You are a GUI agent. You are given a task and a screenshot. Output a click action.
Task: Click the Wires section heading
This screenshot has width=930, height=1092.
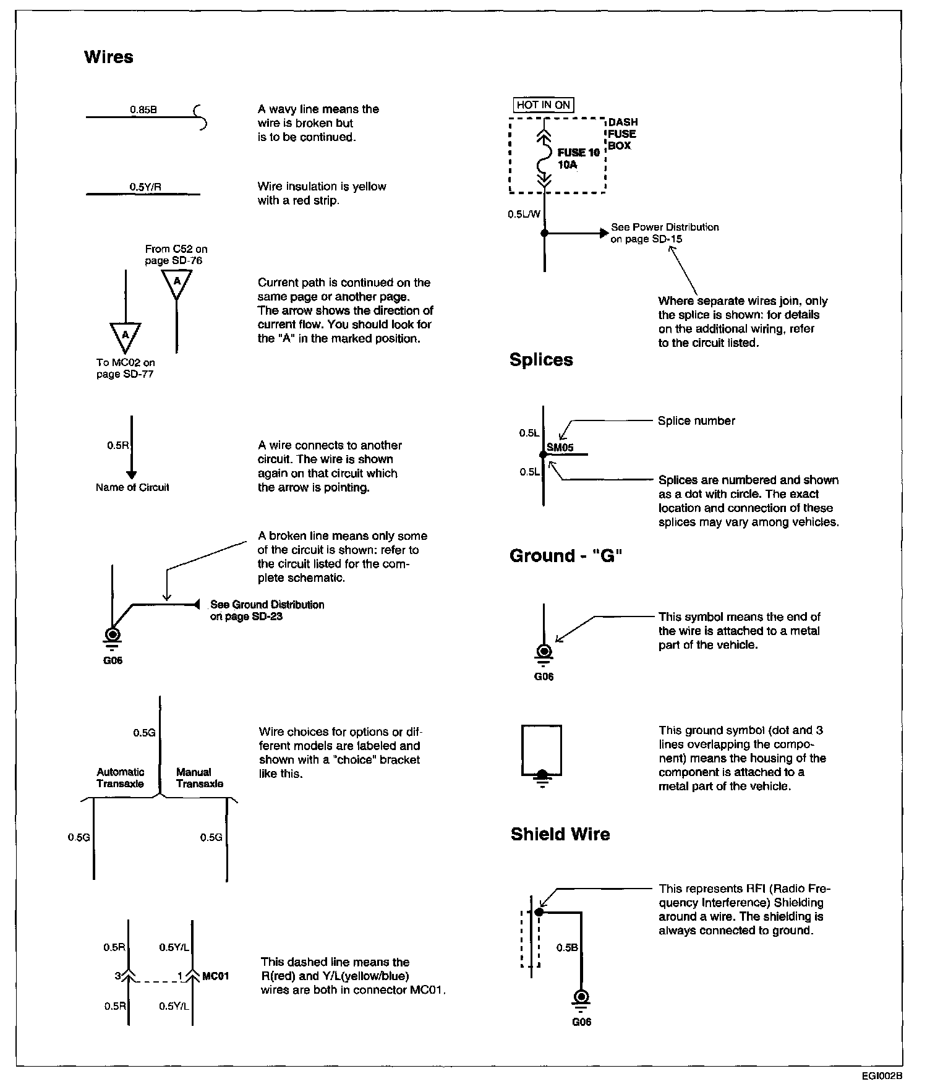tap(108, 57)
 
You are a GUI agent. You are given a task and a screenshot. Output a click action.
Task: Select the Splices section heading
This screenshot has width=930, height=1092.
tap(541, 360)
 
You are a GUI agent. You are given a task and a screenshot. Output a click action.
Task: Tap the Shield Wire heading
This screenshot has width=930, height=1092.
tap(560, 834)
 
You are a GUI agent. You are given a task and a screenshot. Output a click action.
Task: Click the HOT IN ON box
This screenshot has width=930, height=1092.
tap(543, 105)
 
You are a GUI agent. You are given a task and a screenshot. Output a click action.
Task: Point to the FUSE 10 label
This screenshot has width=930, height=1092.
tap(578, 153)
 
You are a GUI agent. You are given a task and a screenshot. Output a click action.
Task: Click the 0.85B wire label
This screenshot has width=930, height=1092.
tap(143, 109)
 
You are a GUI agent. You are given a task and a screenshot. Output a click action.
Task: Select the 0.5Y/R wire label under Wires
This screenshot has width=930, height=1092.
tap(145, 187)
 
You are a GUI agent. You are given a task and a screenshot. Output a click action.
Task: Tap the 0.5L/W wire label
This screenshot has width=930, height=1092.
tap(524, 214)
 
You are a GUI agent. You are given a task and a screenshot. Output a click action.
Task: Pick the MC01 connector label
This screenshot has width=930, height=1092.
tap(216, 976)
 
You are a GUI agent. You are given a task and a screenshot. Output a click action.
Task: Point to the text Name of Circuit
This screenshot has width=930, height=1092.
tap(132, 487)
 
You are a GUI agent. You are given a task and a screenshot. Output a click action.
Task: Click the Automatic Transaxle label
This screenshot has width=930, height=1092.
tap(120, 778)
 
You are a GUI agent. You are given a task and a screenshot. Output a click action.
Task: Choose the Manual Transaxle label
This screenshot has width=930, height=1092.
tap(199, 778)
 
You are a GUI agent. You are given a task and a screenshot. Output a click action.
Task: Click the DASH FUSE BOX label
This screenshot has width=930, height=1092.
tap(622, 134)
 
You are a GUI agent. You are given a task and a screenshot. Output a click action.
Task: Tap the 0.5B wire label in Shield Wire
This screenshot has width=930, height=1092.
tap(567, 947)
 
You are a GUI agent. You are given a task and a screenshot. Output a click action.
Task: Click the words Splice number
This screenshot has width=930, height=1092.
tap(696, 421)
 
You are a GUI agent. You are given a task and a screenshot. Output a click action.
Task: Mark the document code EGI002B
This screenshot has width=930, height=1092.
tap(882, 1075)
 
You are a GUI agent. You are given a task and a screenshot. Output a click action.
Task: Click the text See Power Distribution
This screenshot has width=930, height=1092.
tap(665, 227)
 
